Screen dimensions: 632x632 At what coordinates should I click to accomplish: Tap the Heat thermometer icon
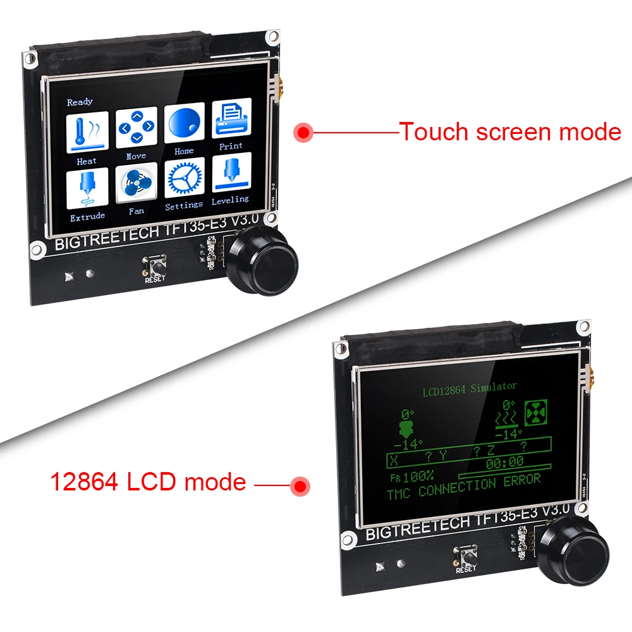click(87, 131)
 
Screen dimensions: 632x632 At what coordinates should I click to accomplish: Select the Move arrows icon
click(136, 128)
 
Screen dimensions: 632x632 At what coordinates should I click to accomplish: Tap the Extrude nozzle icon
click(87, 188)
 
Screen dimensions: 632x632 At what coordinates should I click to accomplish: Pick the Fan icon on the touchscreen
click(136, 184)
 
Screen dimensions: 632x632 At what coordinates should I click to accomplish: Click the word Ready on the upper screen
click(80, 102)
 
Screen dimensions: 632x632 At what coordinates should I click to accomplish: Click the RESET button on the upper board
click(155, 264)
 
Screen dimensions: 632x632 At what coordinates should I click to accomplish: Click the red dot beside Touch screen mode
click(304, 133)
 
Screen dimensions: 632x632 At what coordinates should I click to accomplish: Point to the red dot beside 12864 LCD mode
click(299, 485)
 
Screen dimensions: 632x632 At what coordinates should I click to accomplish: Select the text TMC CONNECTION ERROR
click(464, 488)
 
